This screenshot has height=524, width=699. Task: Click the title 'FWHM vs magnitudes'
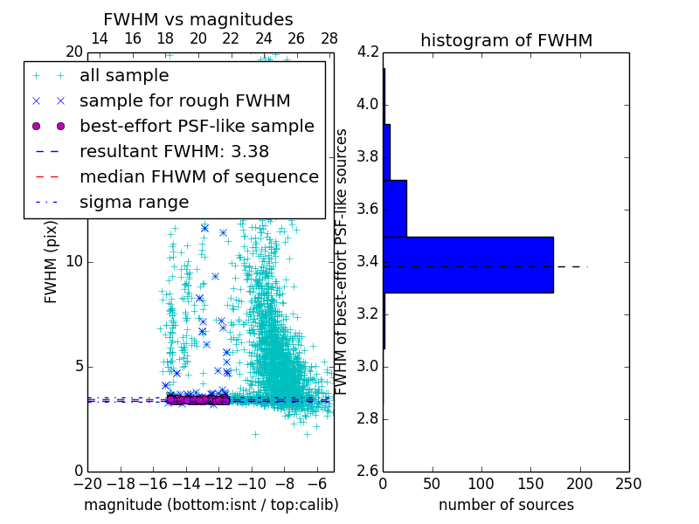[x=198, y=19]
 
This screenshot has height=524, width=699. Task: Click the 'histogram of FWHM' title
[x=507, y=40]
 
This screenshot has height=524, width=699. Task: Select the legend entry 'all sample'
[x=124, y=75]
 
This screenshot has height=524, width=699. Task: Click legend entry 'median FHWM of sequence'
[x=198, y=176]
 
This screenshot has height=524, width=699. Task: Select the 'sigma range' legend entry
[x=134, y=202]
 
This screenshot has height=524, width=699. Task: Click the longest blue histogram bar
[x=468, y=265]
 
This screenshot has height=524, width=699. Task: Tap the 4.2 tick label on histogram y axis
[x=368, y=52]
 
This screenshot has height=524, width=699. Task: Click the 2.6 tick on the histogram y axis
[x=368, y=471]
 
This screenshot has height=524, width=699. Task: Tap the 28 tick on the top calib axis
[x=329, y=38]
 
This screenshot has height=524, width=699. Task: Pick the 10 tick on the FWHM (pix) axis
[x=74, y=261]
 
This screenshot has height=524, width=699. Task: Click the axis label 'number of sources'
[x=506, y=505]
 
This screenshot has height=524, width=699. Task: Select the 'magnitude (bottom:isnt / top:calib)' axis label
[x=211, y=505]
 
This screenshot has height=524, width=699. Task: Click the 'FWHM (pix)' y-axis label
[x=52, y=267]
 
